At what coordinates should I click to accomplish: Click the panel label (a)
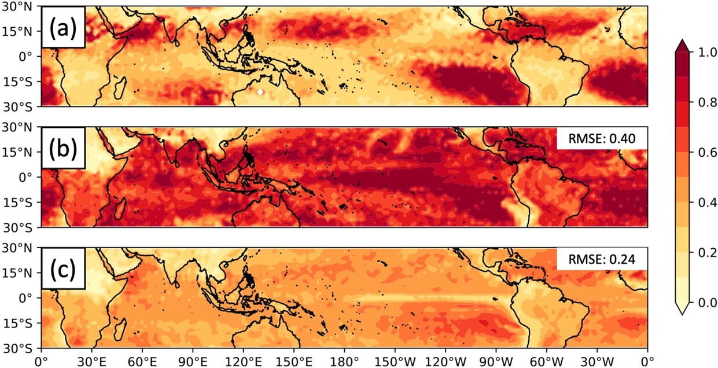point(63,27)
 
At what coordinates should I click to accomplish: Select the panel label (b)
point(63,148)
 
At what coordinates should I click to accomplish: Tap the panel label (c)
point(63,270)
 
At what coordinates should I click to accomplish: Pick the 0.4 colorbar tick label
point(701,202)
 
